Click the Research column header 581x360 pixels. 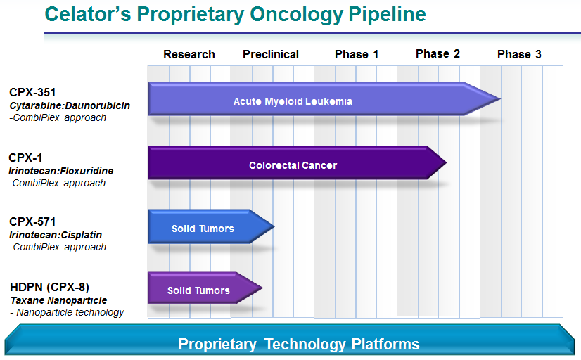[x=189, y=54]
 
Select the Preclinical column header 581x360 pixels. [x=271, y=54]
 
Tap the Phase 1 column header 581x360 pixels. [x=357, y=54]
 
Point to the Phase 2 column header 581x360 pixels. [x=438, y=53]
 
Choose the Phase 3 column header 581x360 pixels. [x=519, y=54]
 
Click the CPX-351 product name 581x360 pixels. [x=33, y=92]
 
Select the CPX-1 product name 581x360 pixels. [x=26, y=157]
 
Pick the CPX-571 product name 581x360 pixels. [x=33, y=221]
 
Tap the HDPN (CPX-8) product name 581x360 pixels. [x=49, y=286]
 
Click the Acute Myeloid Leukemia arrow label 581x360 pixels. [x=293, y=101]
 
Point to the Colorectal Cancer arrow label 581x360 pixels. [x=293, y=165]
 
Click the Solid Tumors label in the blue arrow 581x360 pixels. [x=203, y=229]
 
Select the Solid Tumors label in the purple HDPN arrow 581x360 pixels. [x=198, y=290]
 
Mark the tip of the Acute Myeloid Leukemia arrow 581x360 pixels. [x=499, y=99]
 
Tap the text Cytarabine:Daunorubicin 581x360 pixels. [x=70, y=105]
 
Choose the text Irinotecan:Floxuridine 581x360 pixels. [x=61, y=171]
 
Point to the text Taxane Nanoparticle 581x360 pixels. [x=58, y=300]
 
